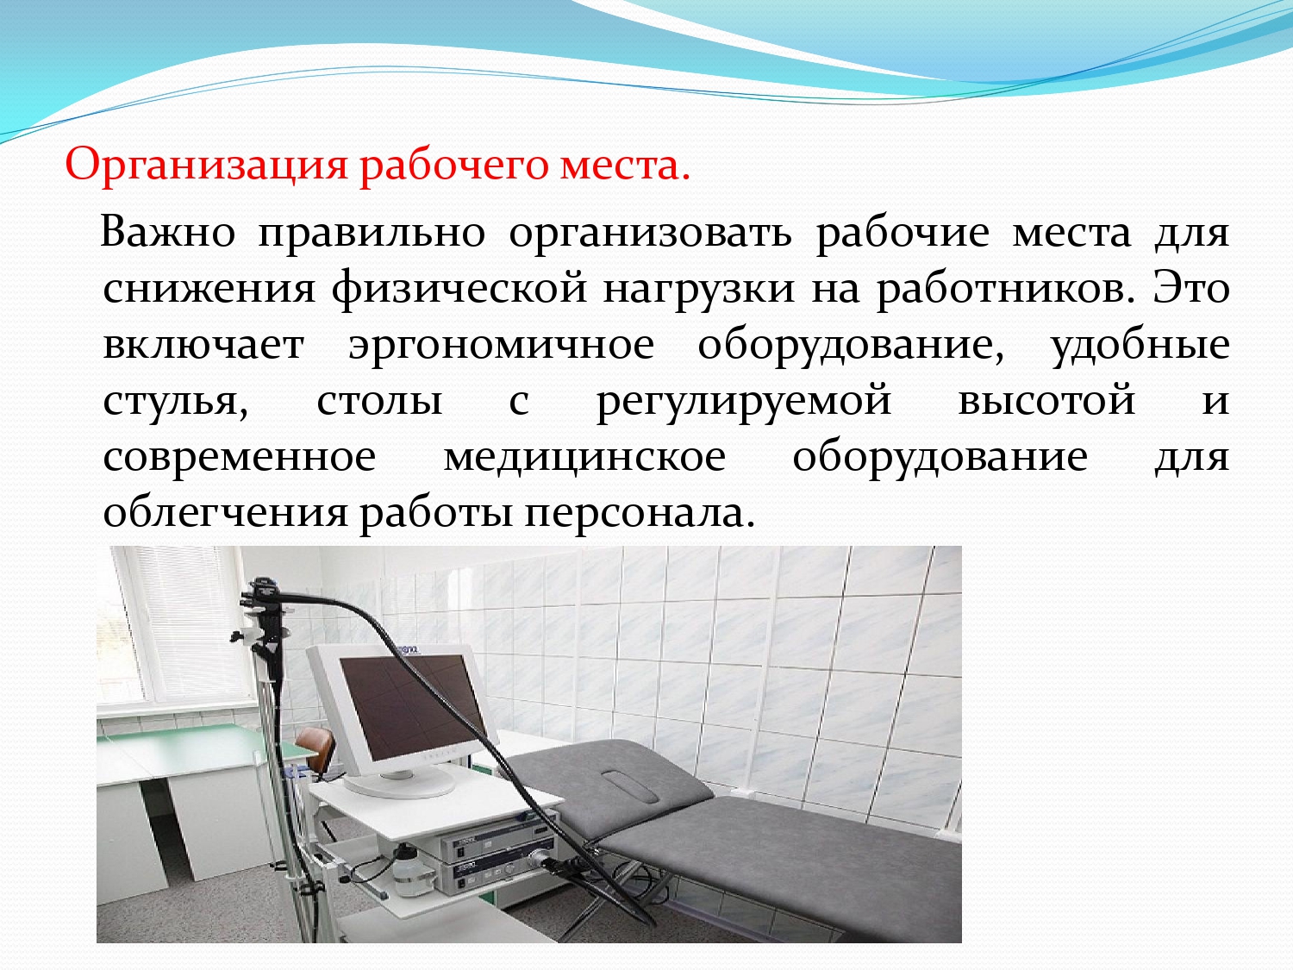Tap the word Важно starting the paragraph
coord(168,233)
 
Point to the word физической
coord(459,290)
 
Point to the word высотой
coord(1046,400)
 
